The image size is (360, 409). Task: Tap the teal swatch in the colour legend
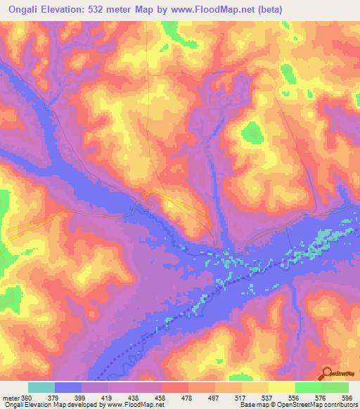tap(41, 387)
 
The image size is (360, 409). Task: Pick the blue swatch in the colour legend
tap(67, 387)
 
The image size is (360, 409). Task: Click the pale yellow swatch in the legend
tap(282, 387)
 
